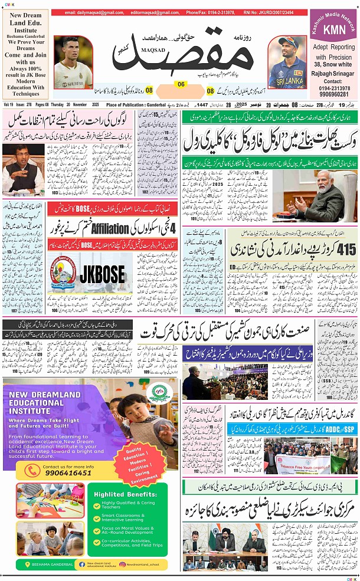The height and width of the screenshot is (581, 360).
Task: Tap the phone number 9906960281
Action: (x=333, y=93)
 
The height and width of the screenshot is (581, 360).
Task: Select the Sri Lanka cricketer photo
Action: (x=287, y=63)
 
